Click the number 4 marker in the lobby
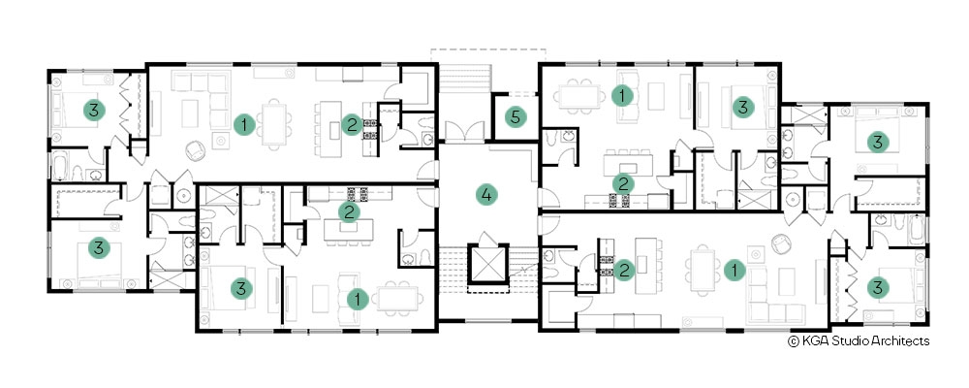coord(486,195)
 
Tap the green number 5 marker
coord(516,117)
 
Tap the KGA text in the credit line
coord(813,341)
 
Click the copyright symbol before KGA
coord(794,341)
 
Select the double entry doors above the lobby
coord(466,132)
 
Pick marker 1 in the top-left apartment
coord(244,125)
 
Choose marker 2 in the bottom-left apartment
coord(349,212)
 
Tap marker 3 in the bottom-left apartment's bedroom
coord(241,288)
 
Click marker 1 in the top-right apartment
coord(622,95)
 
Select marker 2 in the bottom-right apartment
coord(624,271)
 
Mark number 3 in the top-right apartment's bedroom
coord(743,107)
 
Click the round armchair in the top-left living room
coord(196,150)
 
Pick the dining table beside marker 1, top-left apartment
coord(274,124)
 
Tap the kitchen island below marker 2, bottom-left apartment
coord(349,228)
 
